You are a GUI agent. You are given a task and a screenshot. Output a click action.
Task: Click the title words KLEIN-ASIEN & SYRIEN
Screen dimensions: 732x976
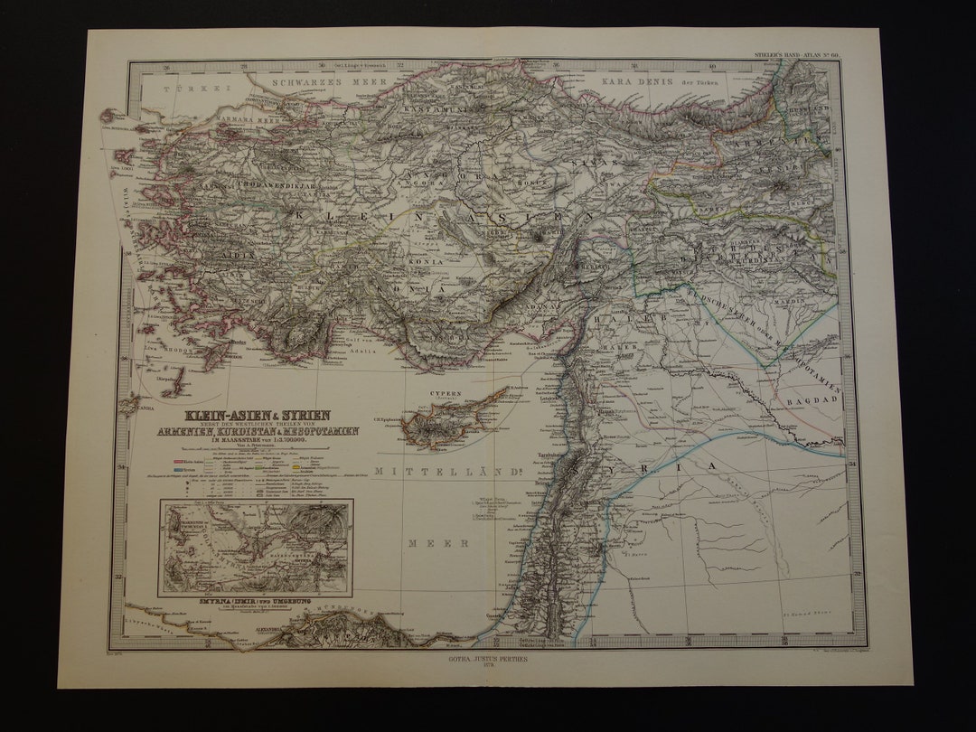point(258,416)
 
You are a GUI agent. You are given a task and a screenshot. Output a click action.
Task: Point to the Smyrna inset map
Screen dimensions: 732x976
point(256,548)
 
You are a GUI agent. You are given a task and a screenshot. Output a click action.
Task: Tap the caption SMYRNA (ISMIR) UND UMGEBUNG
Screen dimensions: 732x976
point(256,600)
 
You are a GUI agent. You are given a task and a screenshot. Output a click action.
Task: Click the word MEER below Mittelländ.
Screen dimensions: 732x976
point(425,543)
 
